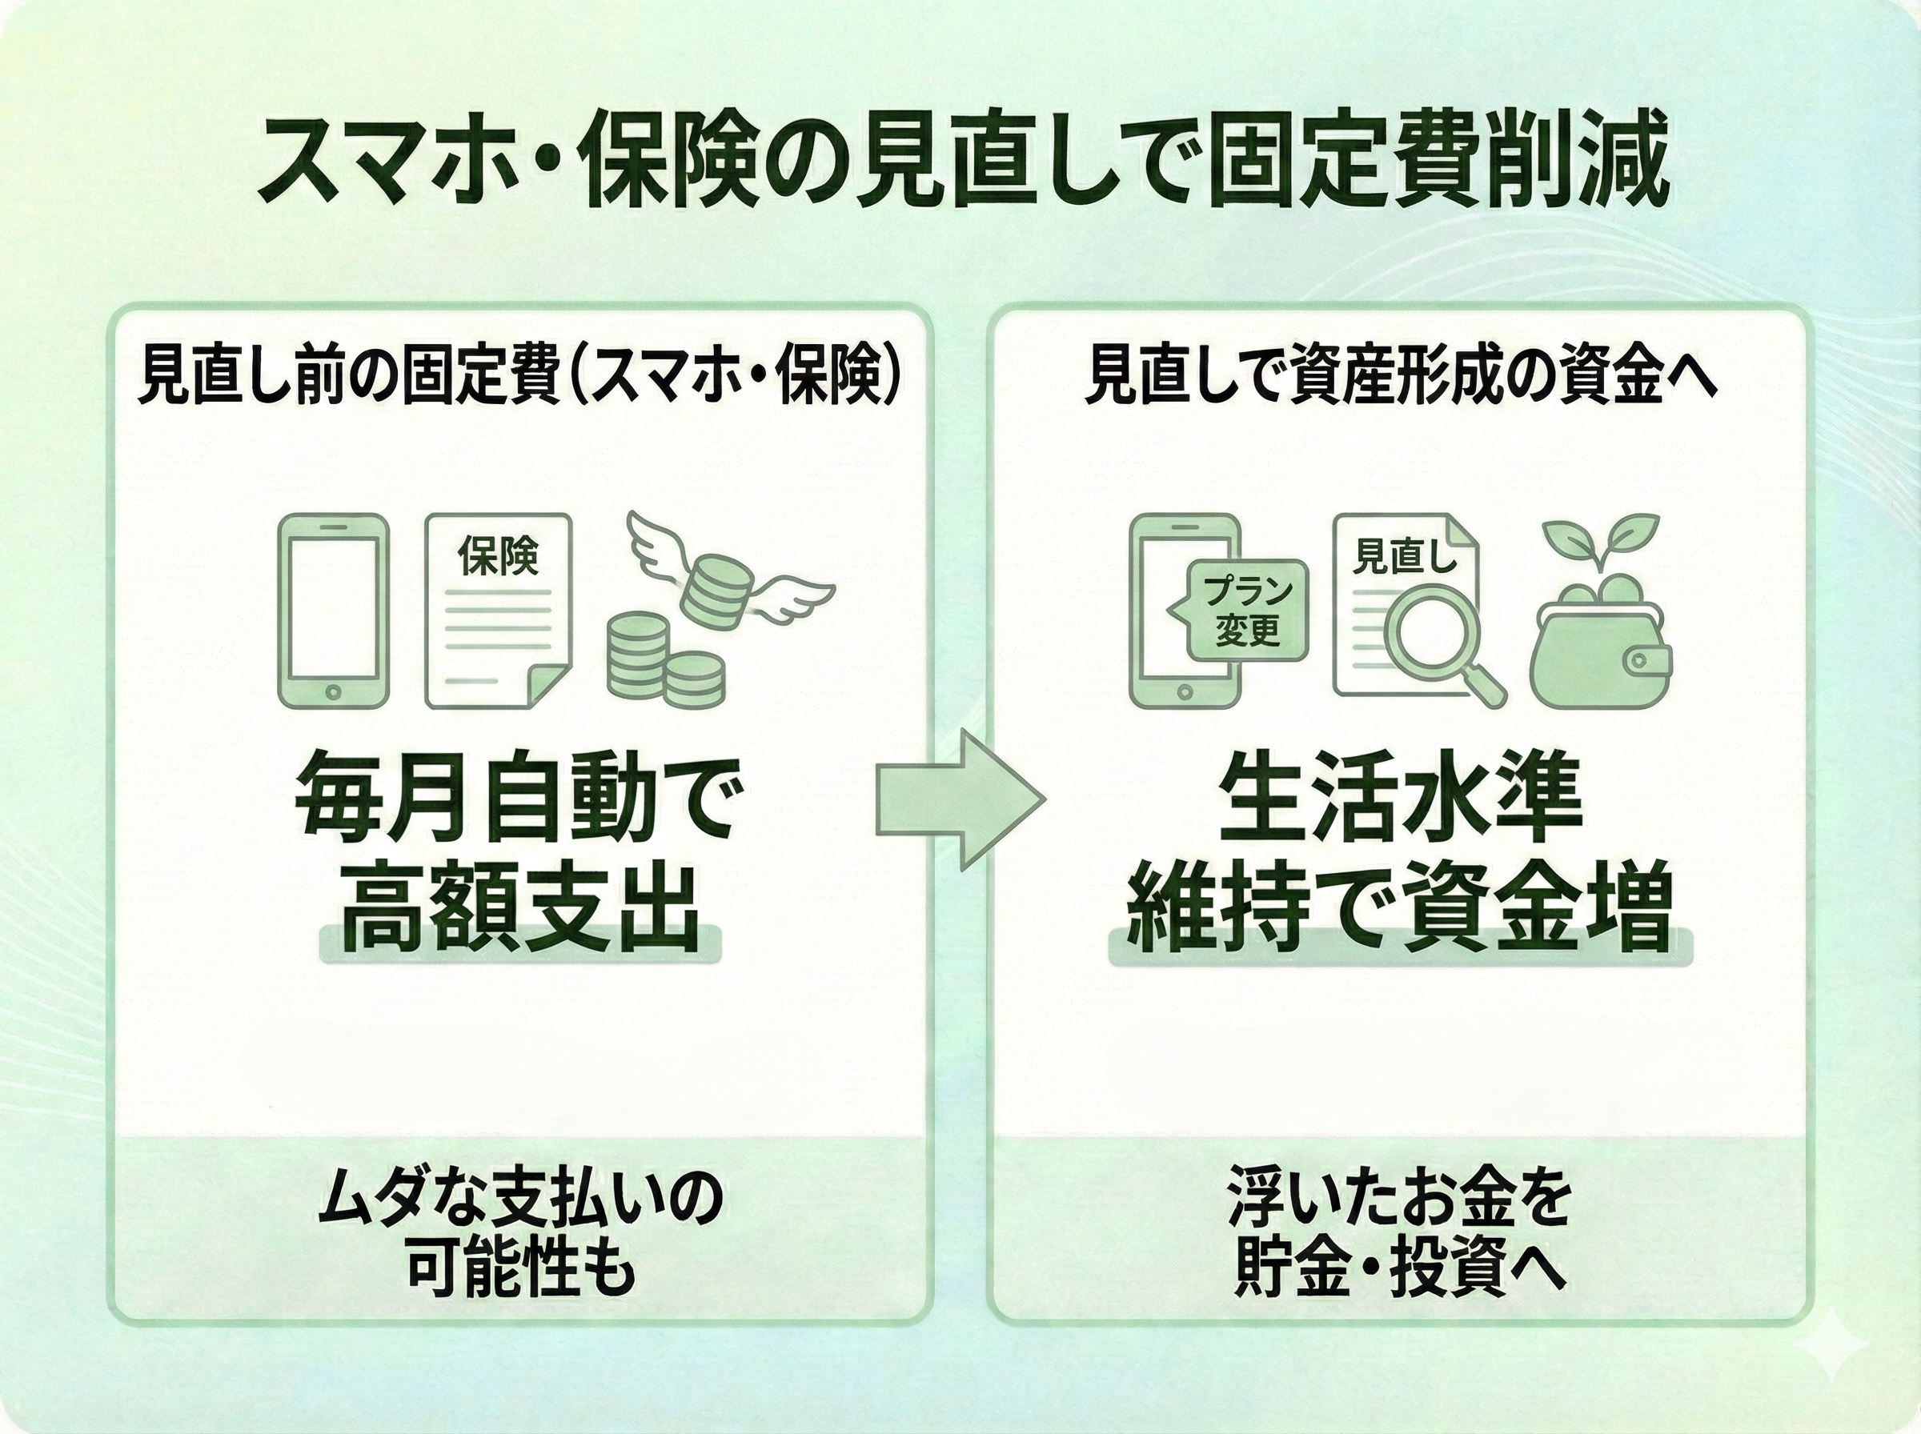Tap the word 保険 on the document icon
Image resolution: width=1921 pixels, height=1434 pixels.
pos(499,555)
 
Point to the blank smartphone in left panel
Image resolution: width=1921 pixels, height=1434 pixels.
pos(332,611)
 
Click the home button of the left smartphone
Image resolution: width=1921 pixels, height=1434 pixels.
pos(332,692)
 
